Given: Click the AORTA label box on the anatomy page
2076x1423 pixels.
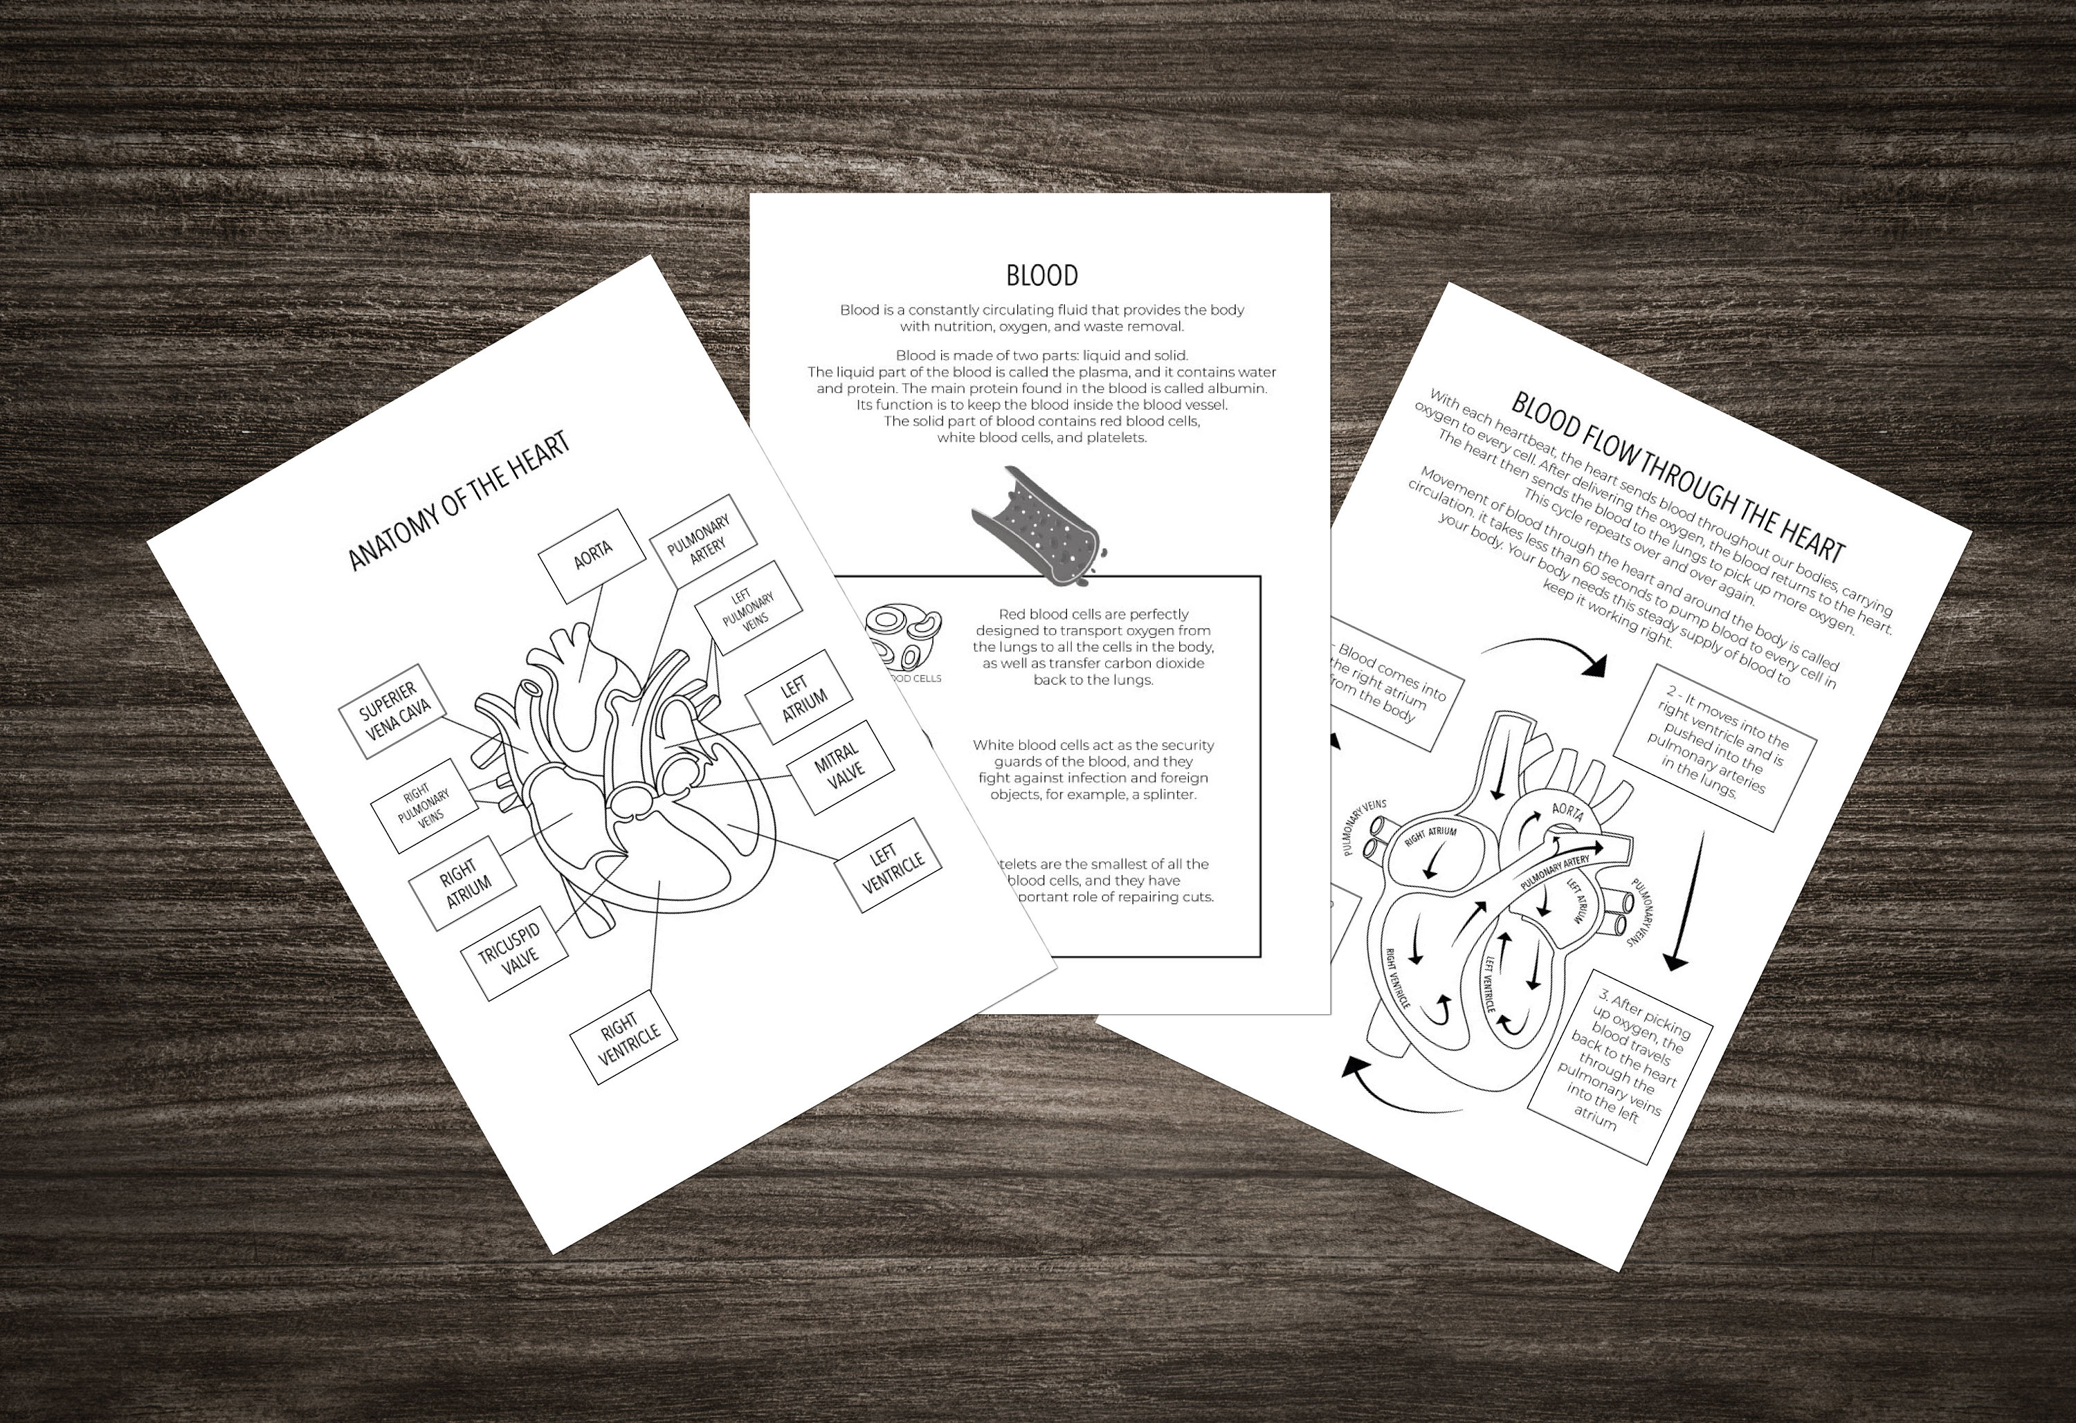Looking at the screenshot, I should (592, 556).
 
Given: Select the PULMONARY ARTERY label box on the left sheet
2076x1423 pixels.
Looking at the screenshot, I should (702, 540).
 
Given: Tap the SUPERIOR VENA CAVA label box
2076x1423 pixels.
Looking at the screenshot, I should (393, 710).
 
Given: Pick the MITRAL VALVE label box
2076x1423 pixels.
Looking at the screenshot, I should (839, 766).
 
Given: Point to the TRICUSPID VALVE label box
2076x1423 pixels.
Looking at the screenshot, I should (513, 953).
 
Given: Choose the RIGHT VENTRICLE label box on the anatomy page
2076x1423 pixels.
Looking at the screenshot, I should (623, 1036).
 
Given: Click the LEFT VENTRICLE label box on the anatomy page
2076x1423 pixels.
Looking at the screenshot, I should (888, 865).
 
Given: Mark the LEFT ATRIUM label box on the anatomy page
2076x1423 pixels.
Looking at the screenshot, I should (799, 696).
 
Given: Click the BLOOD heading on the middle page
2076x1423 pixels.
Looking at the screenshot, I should (1041, 275).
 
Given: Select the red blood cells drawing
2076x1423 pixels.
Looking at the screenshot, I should (903, 635).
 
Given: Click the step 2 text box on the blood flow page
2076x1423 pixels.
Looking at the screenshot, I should (1714, 748).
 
